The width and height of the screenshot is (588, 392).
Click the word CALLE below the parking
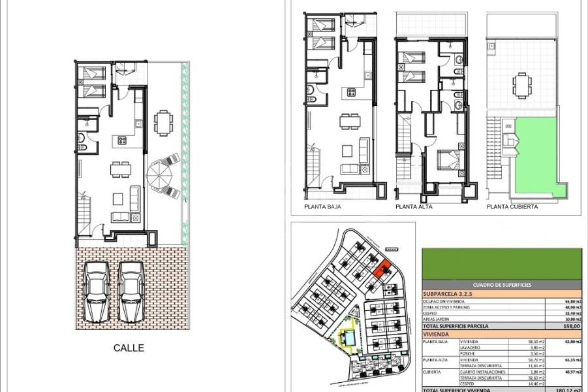click(128, 348)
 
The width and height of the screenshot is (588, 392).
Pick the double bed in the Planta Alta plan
click(445, 161)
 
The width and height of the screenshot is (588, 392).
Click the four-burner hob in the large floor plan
click(121, 140)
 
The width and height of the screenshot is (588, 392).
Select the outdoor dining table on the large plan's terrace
click(162, 122)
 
